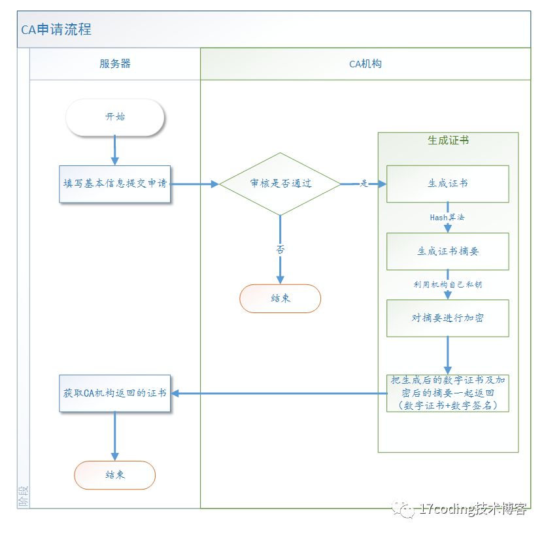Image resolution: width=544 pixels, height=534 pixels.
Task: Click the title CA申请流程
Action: (56, 29)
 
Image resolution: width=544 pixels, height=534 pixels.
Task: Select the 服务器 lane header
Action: (115, 63)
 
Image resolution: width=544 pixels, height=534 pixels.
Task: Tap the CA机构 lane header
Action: (365, 63)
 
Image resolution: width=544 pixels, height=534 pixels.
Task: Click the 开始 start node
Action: (115, 118)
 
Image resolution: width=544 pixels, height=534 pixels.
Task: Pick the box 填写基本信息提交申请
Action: (115, 184)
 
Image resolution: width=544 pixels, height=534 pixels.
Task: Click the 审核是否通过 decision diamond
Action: (280, 184)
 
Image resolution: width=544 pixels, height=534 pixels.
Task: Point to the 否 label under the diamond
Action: (280, 249)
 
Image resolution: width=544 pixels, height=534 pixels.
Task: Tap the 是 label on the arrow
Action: (364, 184)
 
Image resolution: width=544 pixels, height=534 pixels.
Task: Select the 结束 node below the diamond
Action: (280, 299)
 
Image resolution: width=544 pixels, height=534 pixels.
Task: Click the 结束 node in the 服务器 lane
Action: (115, 475)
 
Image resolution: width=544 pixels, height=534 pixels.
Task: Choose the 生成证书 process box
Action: (447, 184)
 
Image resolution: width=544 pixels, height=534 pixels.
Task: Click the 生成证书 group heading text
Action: (448, 140)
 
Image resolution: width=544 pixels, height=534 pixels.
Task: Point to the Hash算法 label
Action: (447, 217)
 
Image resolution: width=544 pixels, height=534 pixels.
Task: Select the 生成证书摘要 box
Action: (447, 251)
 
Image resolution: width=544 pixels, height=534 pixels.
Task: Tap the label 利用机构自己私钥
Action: (448, 284)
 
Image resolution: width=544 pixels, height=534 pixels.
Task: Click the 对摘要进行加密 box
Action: (447, 318)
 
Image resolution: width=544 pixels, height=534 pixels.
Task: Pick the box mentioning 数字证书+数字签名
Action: (447, 393)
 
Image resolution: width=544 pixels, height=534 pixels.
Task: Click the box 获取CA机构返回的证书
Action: (115, 393)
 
